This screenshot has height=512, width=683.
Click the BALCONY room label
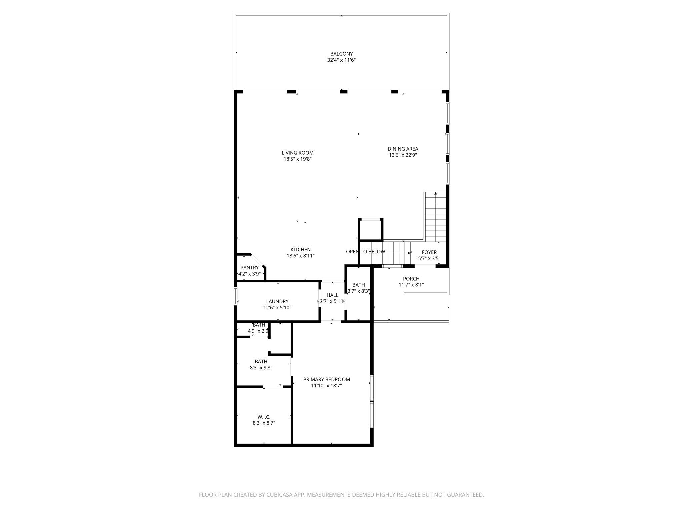(341, 54)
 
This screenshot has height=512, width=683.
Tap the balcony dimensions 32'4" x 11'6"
(341, 60)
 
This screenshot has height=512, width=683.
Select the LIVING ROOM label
(297, 153)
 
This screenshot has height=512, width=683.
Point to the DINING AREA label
(403, 149)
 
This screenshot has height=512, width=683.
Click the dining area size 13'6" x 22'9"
(403, 155)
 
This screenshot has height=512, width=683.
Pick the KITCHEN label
(300, 250)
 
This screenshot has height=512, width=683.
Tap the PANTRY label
(249, 268)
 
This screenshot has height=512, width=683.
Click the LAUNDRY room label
(277, 302)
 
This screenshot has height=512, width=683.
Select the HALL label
(332, 295)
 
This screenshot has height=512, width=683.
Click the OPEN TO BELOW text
(365, 252)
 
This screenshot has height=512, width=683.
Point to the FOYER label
(429, 252)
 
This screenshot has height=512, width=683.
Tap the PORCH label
(411, 279)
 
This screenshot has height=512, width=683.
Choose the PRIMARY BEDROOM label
(326, 379)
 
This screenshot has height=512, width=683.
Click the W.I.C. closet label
(264, 417)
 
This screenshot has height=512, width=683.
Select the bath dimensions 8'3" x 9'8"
(261, 368)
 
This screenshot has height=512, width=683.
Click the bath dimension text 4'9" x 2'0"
(258, 331)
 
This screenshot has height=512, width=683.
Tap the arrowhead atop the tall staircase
(435, 193)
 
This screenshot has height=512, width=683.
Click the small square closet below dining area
(370, 230)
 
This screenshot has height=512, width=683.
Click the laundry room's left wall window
(235, 296)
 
